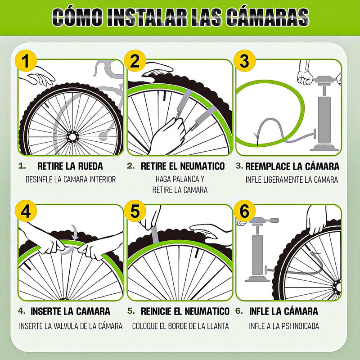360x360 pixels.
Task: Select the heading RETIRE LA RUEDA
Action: coord(70,166)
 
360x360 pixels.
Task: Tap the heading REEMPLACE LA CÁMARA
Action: coord(292,166)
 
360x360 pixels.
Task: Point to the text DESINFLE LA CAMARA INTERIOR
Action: coord(71,180)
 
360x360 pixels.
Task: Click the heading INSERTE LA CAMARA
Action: coord(70,311)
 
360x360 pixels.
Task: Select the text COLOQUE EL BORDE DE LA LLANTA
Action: coord(180,326)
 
